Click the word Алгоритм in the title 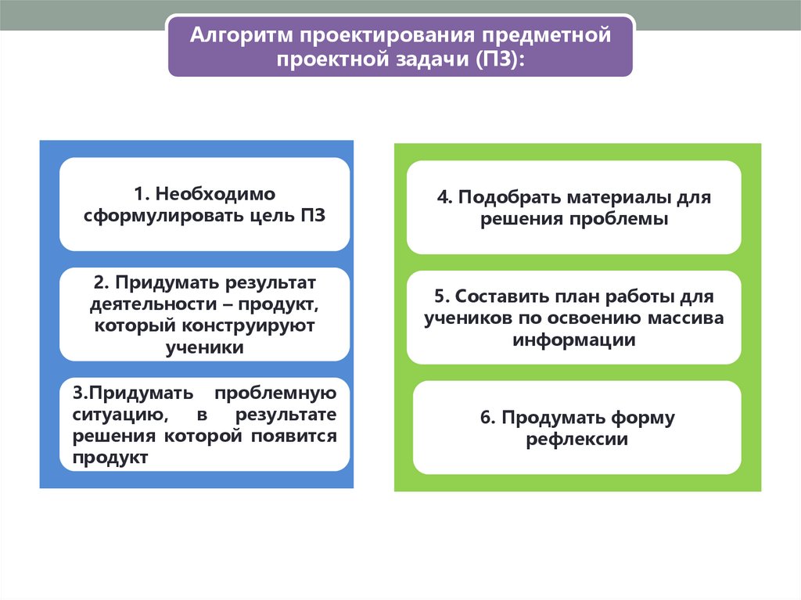tap(240, 36)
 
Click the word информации tap(573, 340)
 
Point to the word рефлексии tap(577, 440)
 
